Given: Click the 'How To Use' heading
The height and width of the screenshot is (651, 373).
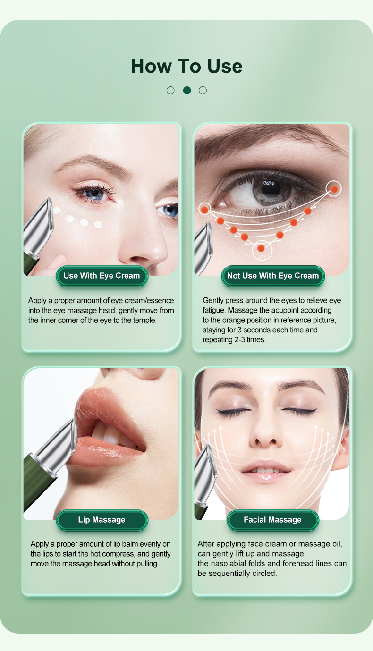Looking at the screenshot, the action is point(186,66).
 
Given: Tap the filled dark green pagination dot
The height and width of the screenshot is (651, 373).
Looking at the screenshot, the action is point(187,90).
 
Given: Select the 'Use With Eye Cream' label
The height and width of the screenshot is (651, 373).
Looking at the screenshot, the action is point(102,276).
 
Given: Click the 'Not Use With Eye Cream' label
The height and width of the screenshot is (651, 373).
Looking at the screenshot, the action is point(273,276).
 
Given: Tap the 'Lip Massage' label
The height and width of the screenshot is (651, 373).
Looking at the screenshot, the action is point(102,520).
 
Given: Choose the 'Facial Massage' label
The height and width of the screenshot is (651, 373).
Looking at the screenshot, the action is point(273,520).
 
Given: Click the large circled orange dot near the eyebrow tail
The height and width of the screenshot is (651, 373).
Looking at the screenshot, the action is point(334,189).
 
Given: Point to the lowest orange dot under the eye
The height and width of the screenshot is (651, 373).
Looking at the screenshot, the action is point(261,248).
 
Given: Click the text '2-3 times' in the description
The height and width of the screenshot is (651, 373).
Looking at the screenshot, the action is point(250,340).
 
